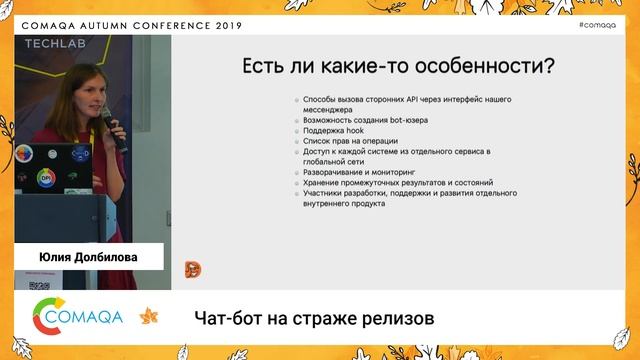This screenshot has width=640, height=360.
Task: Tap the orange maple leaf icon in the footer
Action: [148, 317]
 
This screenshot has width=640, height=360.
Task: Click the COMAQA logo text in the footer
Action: [88, 317]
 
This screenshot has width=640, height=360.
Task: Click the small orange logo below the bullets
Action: [193, 268]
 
